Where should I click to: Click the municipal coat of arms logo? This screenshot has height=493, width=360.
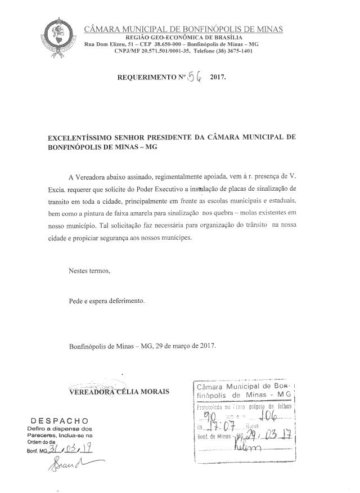(x=59, y=33)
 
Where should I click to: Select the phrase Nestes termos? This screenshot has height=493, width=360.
(x=89, y=271)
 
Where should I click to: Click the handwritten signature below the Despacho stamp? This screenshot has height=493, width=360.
(x=70, y=464)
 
